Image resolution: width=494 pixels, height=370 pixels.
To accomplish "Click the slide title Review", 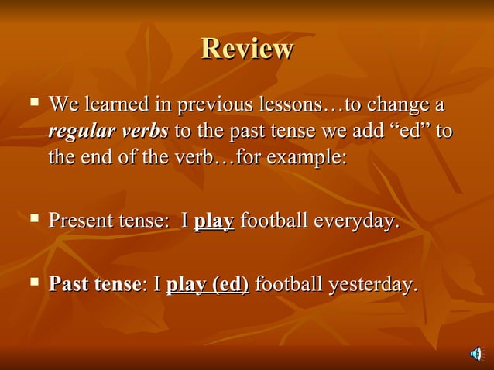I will (247, 49).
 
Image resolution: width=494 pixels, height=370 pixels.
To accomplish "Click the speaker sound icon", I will (475, 354).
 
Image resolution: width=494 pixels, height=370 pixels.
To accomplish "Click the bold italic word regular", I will (85, 131).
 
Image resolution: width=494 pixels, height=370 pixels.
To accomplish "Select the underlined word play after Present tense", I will (214, 222).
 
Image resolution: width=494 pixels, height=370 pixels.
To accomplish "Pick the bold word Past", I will (67, 285).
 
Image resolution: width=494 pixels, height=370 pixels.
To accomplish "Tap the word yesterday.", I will (372, 286).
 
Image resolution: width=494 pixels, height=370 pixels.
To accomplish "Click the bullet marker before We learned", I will (33, 102).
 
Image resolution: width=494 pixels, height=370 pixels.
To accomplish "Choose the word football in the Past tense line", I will (289, 285).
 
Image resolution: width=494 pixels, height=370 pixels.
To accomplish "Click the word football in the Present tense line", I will (275, 221).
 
